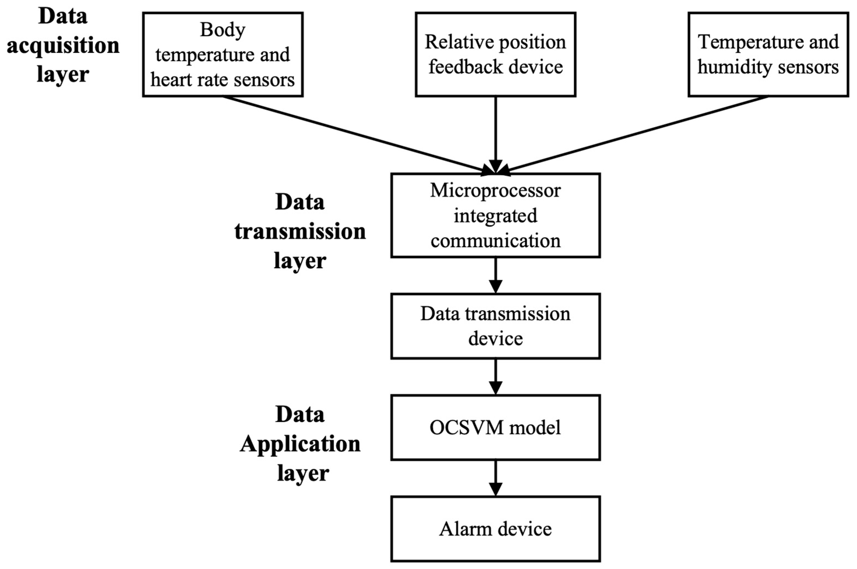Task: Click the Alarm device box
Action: coord(495,529)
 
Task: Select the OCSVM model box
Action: coord(495,428)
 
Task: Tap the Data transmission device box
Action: coord(495,326)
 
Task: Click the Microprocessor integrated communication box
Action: coord(495,215)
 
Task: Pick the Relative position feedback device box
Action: coord(495,54)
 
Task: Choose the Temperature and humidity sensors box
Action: coord(768,54)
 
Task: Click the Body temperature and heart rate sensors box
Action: coord(222,54)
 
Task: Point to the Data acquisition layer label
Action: coord(63,45)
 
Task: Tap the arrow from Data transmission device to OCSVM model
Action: coord(495,376)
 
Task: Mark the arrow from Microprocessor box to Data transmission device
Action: coord(495,275)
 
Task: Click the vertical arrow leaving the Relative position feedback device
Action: coord(495,131)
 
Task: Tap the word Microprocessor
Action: coord(495,190)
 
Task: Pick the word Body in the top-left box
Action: coord(222,30)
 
